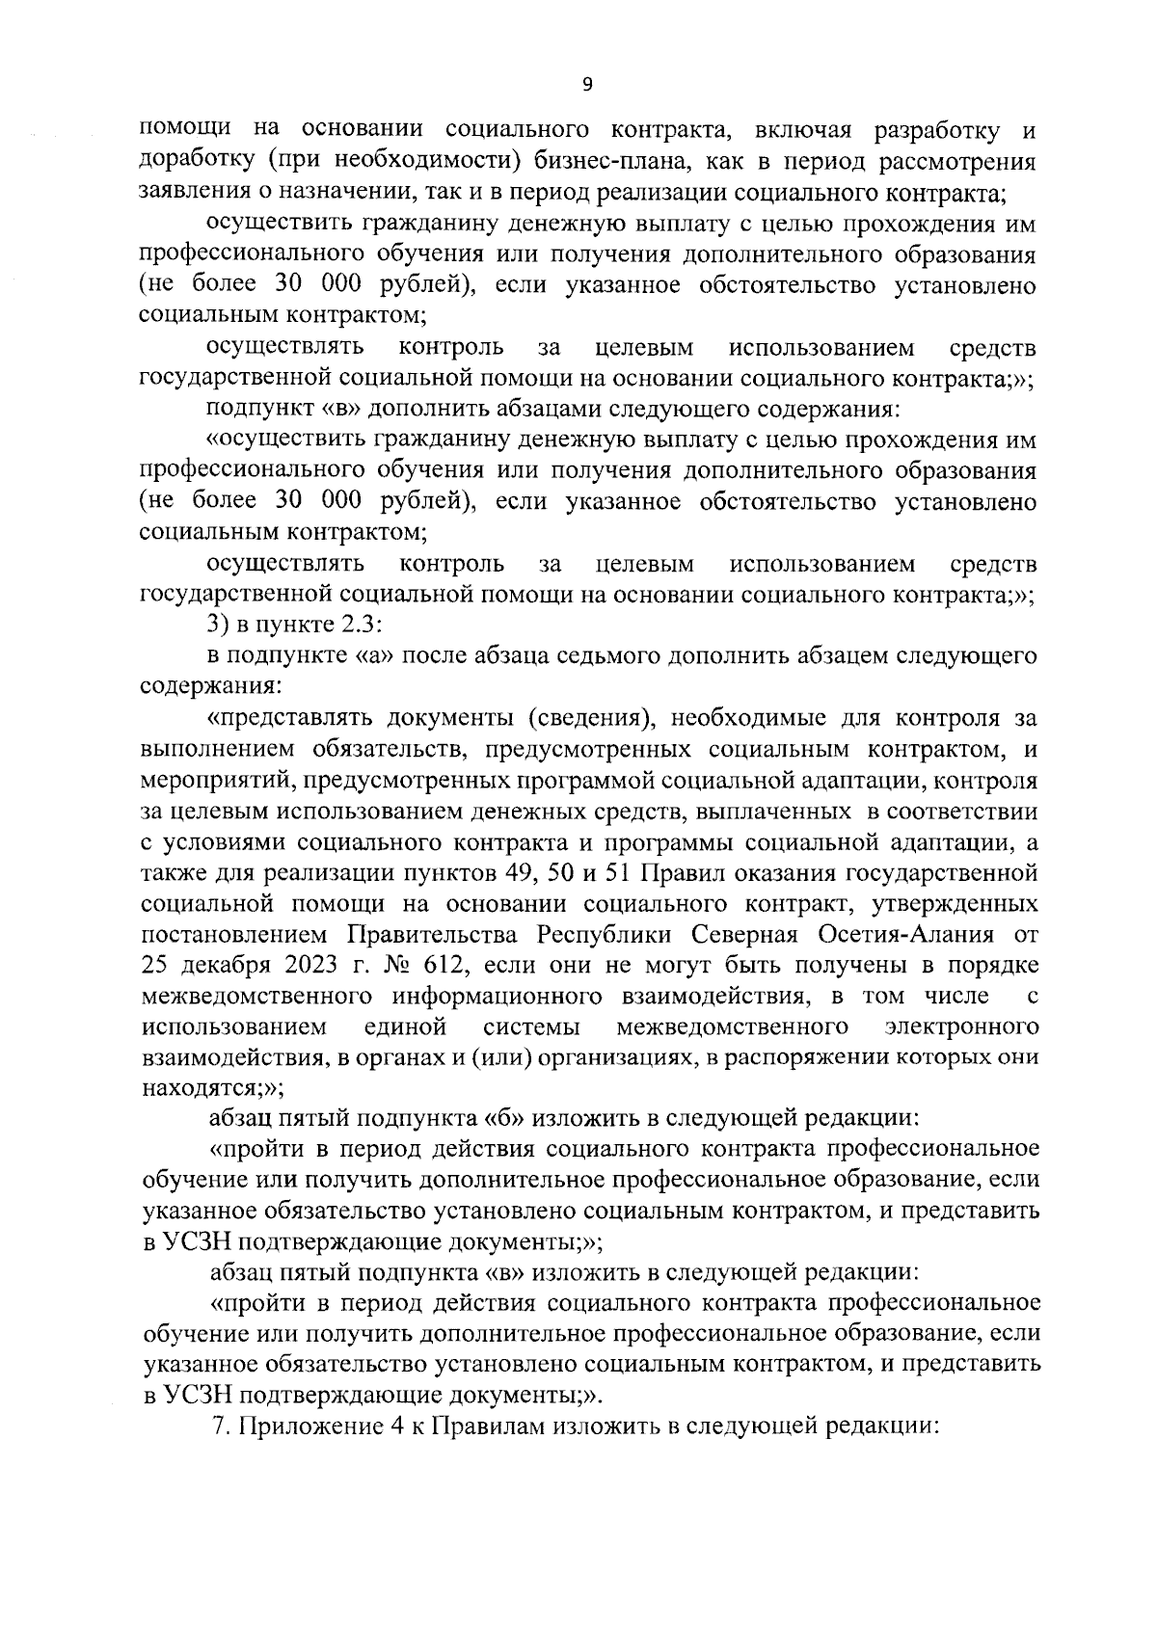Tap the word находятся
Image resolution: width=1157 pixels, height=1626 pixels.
pos(200,1088)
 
